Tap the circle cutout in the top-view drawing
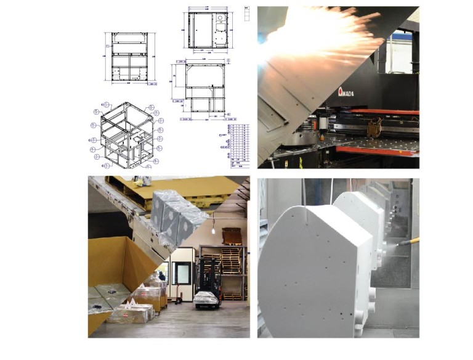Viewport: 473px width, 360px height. pos(219,18)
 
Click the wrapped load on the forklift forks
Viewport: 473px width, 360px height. pos(206,299)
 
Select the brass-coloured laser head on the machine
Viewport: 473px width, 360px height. pos(372,130)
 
